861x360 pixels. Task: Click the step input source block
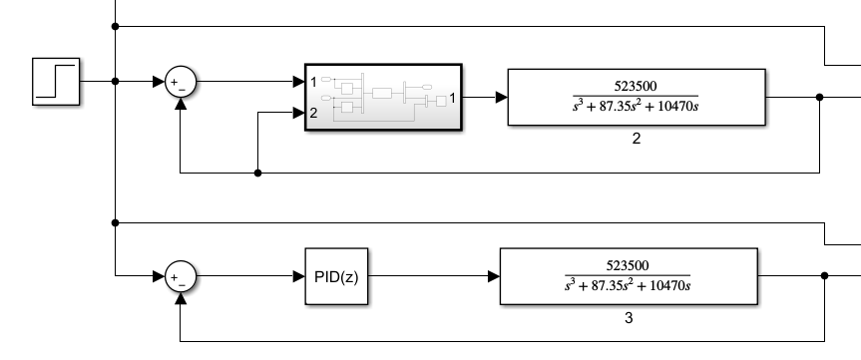(x=57, y=81)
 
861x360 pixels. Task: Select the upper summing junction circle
(x=181, y=82)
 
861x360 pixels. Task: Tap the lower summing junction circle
(x=181, y=275)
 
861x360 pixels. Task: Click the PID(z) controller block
(x=336, y=275)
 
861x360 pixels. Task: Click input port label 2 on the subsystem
(x=313, y=113)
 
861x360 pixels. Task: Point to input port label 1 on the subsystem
(x=313, y=81)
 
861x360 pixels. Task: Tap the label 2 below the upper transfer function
(x=636, y=139)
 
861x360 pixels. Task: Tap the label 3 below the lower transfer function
(x=628, y=318)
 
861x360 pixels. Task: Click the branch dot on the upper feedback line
(x=258, y=173)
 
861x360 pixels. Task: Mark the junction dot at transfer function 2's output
(x=819, y=97)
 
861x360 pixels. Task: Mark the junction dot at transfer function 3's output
(x=823, y=276)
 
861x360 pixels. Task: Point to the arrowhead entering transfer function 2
(x=502, y=98)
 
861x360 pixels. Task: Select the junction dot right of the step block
(x=117, y=81)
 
